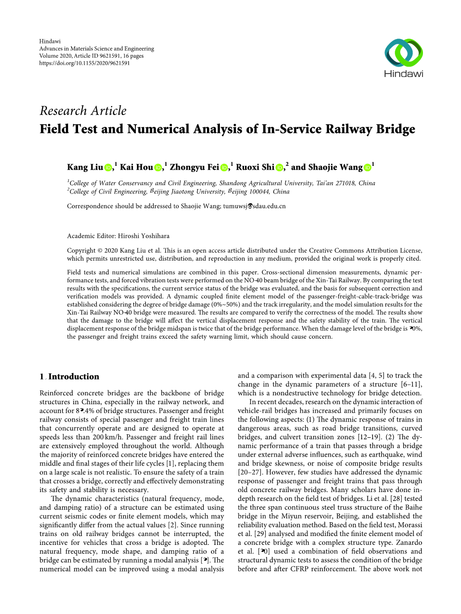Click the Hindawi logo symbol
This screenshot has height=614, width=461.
pos(404,52)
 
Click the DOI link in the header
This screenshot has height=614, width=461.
pos(84,63)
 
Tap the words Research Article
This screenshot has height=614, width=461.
pos(83,111)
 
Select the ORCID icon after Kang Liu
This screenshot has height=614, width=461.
pos(108,168)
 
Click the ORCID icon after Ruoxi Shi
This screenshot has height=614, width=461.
pos(279,168)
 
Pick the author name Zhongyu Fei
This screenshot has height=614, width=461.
pos(194,167)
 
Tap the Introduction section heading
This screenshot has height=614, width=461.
pos(74,377)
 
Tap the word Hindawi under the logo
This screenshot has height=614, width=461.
pos(404,74)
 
